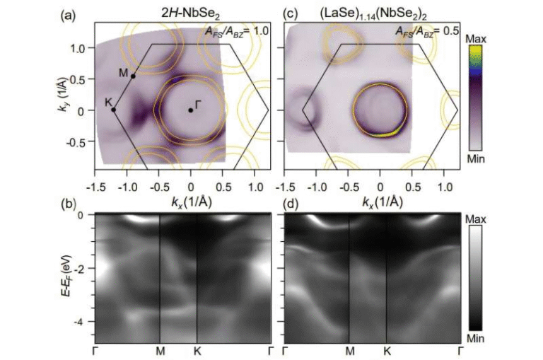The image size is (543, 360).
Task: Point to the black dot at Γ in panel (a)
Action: [190, 110]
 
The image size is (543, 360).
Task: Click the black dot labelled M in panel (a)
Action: [133, 76]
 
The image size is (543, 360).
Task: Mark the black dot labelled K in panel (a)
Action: [114, 110]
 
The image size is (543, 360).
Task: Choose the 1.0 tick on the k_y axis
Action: [78, 47]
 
